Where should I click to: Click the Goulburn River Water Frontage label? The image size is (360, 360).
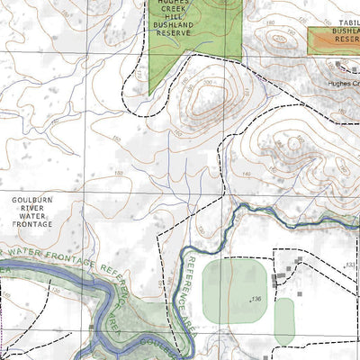32,208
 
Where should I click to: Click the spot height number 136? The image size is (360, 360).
256,299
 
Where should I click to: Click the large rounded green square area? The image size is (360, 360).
235,290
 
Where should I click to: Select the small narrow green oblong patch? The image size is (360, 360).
284,320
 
